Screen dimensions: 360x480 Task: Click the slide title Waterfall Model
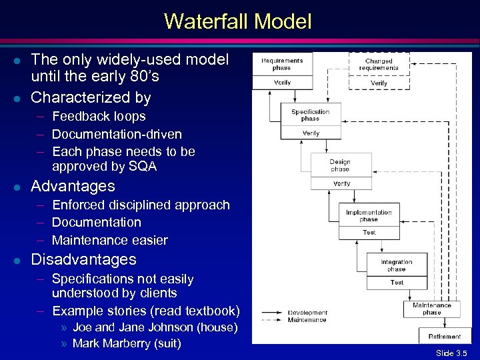point(238,22)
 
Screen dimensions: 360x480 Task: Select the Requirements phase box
point(281,64)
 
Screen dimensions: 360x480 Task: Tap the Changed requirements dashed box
point(379,64)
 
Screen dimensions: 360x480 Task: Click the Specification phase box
point(310,115)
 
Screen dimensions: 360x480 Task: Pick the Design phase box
point(340,165)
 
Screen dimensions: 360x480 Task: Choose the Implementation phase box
point(369,215)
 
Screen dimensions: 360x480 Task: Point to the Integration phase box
point(397,265)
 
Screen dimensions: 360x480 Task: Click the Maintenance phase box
point(431,309)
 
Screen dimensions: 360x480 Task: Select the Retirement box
point(445,336)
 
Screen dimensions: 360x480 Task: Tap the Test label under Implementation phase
point(369,233)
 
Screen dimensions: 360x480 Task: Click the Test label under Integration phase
point(397,283)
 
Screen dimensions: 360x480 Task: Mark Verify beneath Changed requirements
point(379,83)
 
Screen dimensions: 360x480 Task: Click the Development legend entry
point(307,313)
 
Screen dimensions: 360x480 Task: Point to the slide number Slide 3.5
point(451,353)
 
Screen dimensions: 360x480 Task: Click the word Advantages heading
point(73,186)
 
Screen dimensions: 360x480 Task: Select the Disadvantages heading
point(83,259)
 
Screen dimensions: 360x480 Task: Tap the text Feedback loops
point(99,116)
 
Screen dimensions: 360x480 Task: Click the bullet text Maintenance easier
point(109,240)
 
